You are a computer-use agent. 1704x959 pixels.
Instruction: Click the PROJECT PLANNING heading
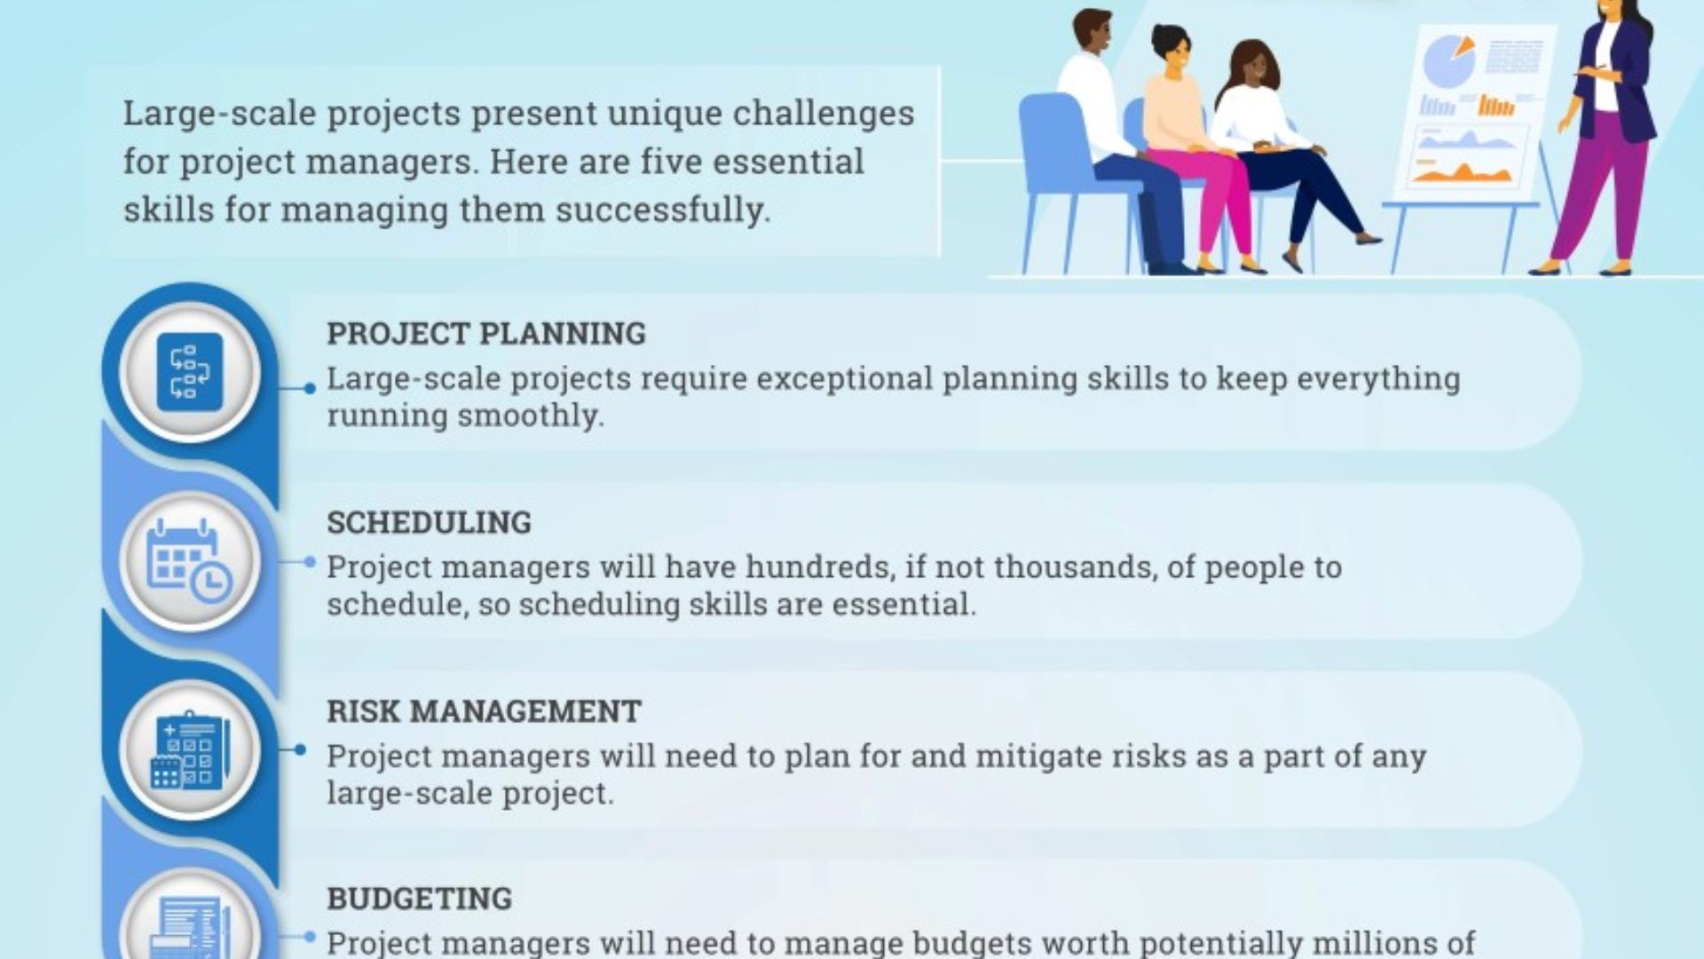(486, 334)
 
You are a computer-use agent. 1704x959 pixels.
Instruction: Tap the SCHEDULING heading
(429, 523)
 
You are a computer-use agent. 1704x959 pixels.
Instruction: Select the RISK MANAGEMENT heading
(484, 711)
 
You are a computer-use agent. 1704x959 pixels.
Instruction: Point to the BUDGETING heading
(419, 899)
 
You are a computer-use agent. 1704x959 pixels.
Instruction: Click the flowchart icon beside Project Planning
(190, 372)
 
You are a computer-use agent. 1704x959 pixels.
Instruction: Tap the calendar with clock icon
(189, 561)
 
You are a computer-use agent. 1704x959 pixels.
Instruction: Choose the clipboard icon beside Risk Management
(190, 750)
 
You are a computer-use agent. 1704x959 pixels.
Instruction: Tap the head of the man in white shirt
(1093, 33)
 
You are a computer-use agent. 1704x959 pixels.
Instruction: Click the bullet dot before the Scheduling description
(310, 562)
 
